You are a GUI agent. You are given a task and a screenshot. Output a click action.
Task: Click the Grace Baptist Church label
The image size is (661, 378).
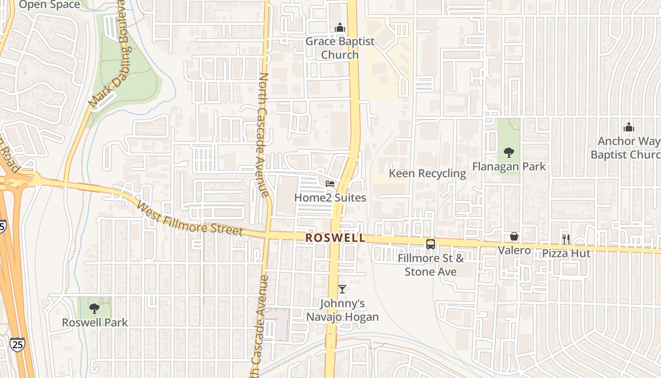pos(340,48)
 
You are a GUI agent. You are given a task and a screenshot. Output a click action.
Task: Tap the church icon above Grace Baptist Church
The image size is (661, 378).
pos(340,28)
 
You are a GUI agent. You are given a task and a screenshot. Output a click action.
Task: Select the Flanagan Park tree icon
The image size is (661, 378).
pos(509,152)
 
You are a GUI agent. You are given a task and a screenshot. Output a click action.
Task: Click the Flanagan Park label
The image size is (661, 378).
pos(509,166)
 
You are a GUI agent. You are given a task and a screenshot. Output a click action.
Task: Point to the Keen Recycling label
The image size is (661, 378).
pos(427,173)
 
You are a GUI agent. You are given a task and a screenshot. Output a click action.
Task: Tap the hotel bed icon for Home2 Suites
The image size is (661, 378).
pos(330,183)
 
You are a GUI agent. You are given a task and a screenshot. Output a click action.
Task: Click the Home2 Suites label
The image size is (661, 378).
pos(330,198)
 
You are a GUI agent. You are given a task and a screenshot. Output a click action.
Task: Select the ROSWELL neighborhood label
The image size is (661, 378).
pos(335,238)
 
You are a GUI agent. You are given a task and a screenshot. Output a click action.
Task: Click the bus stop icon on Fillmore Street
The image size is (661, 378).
pos(431,244)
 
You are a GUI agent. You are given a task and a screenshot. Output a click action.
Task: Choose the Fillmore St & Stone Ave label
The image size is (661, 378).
pos(431,265)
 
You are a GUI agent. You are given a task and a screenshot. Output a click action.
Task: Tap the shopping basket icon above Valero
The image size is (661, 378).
pos(514,236)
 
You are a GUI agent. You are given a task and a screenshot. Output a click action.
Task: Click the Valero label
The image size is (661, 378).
pos(514,250)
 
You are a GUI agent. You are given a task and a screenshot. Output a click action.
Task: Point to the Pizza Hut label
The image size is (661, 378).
pos(566,253)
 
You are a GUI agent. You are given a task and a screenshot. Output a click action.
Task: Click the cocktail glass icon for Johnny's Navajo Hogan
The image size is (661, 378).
pos(342,289)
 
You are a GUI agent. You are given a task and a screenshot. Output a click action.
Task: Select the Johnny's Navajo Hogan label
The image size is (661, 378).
pos(342,310)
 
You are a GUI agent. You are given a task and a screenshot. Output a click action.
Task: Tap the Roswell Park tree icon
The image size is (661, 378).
pos(94,308)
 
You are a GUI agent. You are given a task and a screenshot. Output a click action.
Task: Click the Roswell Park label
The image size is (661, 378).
pos(95,322)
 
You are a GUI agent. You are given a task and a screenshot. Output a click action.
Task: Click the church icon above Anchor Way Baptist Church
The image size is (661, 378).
pos(628,127)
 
